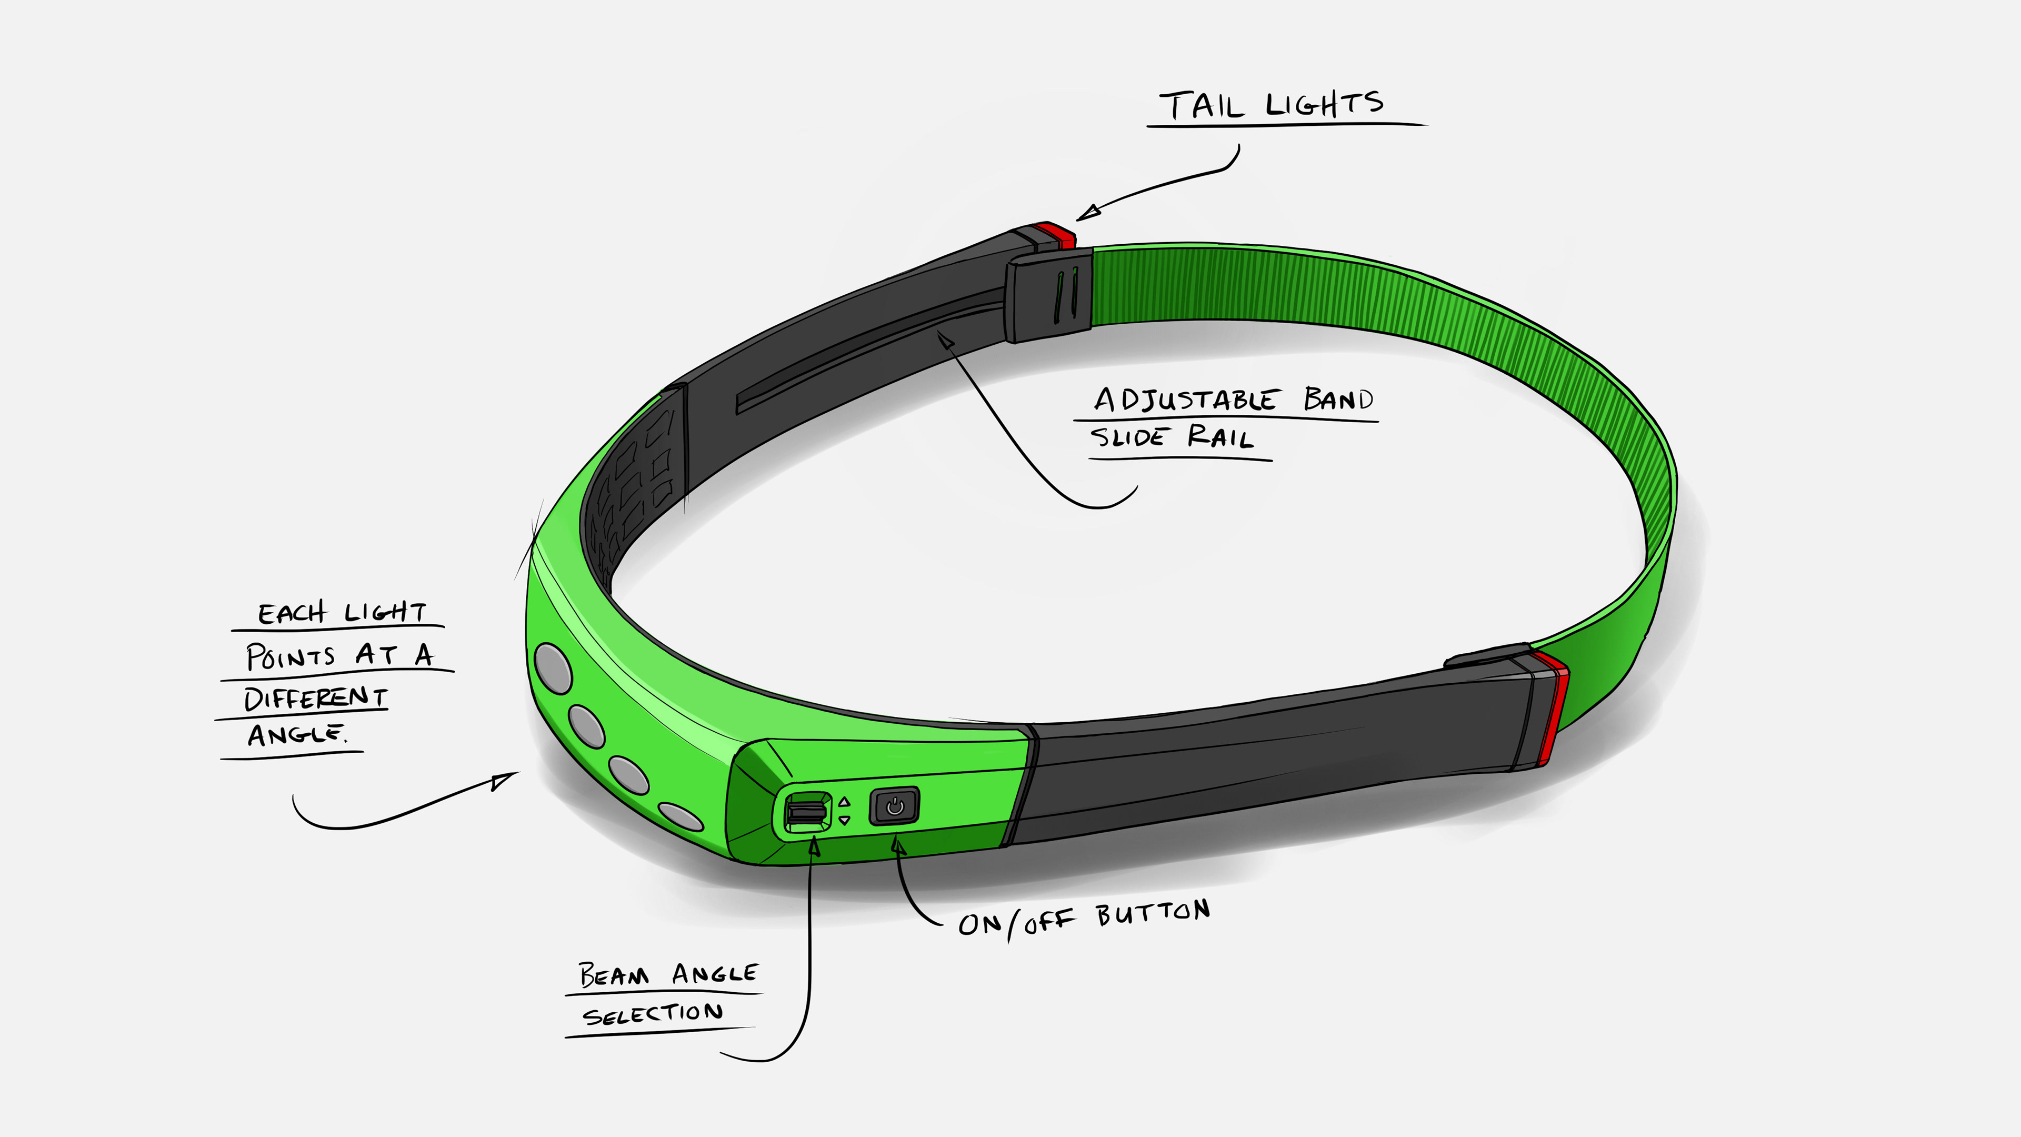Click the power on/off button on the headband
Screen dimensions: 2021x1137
(x=894, y=806)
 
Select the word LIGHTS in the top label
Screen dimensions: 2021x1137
(x=1324, y=104)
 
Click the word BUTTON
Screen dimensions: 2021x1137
(x=1153, y=913)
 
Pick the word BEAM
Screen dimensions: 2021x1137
(x=614, y=975)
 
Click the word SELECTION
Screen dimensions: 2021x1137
(x=653, y=1014)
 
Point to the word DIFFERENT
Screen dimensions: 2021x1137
(x=315, y=697)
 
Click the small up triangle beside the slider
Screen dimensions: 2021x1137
(x=844, y=802)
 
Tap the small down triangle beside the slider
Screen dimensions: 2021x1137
(x=844, y=820)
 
